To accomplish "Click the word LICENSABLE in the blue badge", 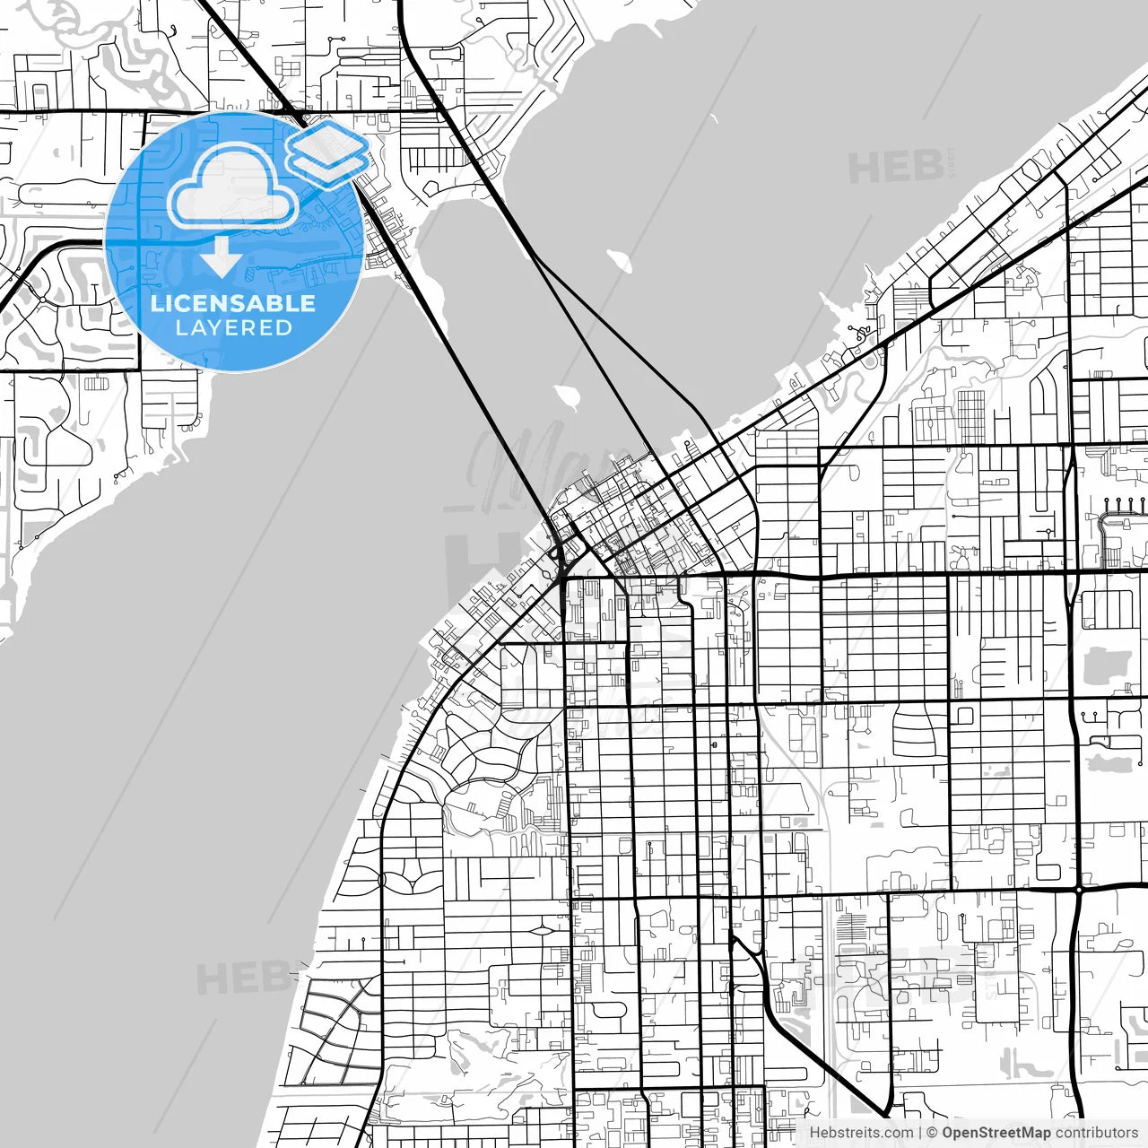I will pos(233,303).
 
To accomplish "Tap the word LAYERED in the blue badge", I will pos(233,327).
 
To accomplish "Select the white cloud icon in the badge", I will pos(233,187).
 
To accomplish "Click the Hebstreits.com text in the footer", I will pos(861,1133).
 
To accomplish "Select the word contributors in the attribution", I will pos(1096,1133).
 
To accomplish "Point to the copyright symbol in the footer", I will pos(933,1133).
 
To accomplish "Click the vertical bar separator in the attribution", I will pos(921,1133).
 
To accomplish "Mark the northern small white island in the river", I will pos(619,262).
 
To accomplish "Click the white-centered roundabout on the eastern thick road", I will pos(1079,890).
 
